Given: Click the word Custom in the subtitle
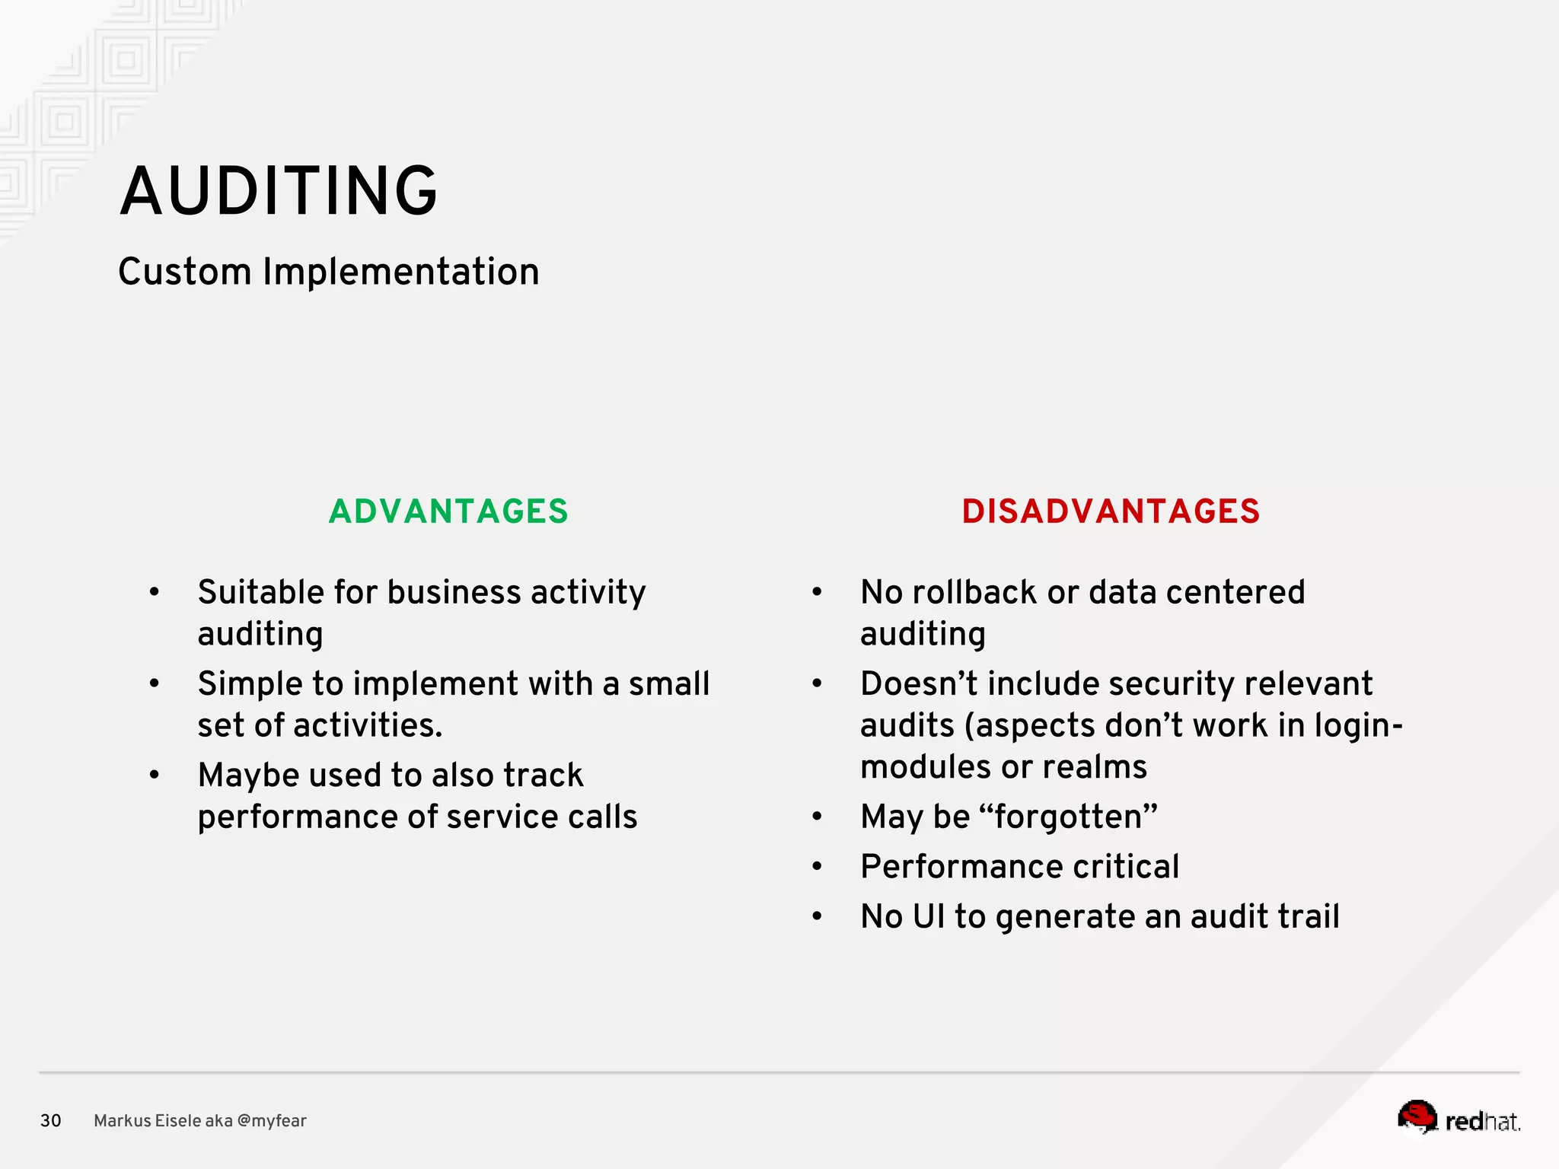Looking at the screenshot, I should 184,272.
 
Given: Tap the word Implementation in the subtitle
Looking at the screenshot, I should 401,272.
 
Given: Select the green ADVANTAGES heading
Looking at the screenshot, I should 448,511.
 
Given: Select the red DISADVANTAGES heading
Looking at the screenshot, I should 1111,511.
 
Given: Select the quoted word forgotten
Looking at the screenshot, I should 1068,817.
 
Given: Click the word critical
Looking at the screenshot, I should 1127,867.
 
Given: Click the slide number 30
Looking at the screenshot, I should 51,1120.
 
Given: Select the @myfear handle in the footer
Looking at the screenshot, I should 272,1120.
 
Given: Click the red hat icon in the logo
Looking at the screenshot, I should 1417,1116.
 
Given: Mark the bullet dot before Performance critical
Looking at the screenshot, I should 817,867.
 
